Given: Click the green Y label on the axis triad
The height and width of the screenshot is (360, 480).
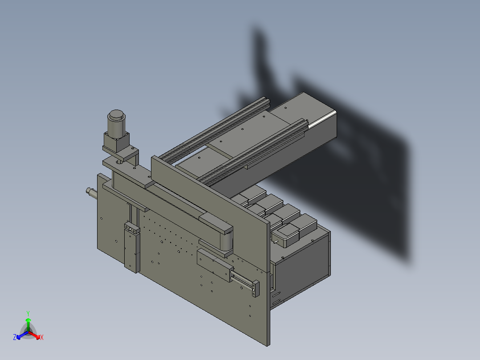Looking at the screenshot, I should (28, 313).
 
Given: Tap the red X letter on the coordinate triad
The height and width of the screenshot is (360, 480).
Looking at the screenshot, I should (42, 338).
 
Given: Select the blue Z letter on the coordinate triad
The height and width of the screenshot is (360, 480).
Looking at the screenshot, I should (15, 337).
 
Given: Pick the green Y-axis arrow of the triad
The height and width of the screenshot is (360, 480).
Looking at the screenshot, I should (28, 322).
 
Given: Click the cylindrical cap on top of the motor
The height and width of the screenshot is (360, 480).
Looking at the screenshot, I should (116, 115).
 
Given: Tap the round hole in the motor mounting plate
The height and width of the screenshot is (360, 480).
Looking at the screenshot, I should (120, 163).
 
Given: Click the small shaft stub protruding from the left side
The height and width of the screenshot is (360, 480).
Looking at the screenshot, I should (91, 192).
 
